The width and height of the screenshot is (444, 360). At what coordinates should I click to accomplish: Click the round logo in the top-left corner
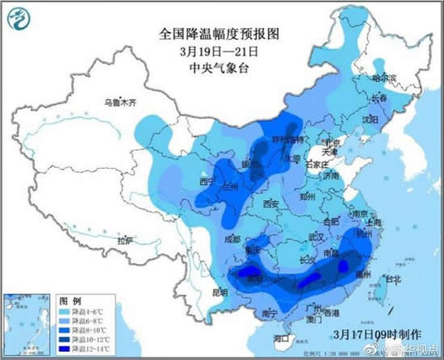pyautogui.click(x=23, y=20)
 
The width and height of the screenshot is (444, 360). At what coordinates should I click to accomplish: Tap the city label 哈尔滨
pyautogui.click(x=383, y=78)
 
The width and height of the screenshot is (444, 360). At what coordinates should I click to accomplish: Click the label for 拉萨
pyautogui.click(x=123, y=241)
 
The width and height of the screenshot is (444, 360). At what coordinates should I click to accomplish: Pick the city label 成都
pyautogui.click(x=232, y=239)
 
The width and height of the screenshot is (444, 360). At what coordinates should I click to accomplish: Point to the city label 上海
pyautogui.click(x=374, y=221)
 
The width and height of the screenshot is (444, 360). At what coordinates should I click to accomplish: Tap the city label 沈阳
pyautogui.click(x=371, y=118)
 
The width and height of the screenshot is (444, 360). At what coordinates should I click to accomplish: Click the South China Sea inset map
pyautogui.click(x=24, y=324)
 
